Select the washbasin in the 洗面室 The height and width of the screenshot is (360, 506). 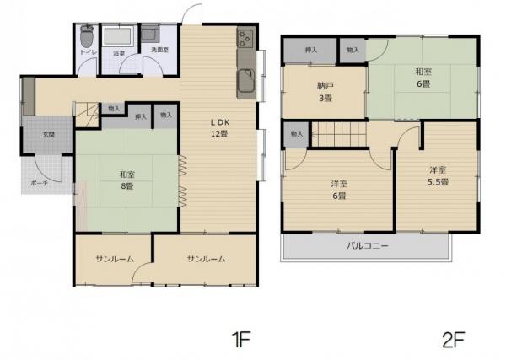[149, 35]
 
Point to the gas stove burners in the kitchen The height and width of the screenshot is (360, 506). [245, 38]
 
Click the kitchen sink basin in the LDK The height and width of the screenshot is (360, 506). [245, 83]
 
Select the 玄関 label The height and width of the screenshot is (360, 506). [49, 134]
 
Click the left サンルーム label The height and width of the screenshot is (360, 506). [113, 259]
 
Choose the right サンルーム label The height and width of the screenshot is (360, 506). [206, 259]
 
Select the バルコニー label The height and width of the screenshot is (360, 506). [367, 246]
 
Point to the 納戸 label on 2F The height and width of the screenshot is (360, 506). [326, 85]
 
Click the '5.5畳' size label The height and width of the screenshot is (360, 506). [436, 181]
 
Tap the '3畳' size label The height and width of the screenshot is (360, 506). [326, 98]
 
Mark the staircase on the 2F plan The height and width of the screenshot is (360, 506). [342, 133]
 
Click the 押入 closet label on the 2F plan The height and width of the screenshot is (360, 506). [310, 51]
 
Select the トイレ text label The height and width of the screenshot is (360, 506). [87, 52]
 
